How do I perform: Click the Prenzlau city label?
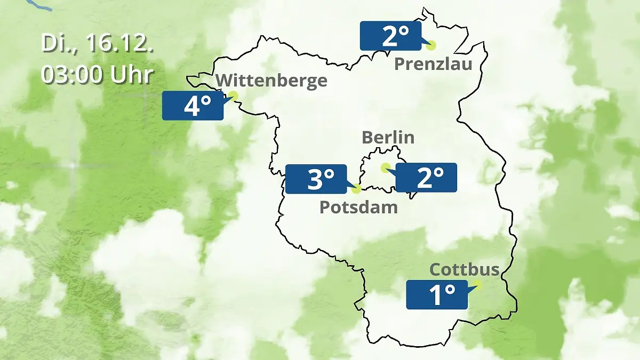pyautogui.click(x=433, y=65)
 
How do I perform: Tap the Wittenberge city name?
pyautogui.click(x=272, y=81)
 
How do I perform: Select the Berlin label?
pyautogui.click(x=388, y=137)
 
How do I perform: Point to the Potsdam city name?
pyautogui.click(x=358, y=207)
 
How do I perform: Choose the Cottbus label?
pyautogui.click(x=464, y=269)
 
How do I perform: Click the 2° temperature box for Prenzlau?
pyautogui.click(x=390, y=36)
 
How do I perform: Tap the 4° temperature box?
pyautogui.click(x=193, y=106)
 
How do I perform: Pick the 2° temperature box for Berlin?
pyautogui.click(x=426, y=178)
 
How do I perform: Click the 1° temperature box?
pyautogui.click(x=437, y=294)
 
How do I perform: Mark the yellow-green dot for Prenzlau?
pyautogui.click(x=431, y=45)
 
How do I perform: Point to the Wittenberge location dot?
pyautogui.click(x=233, y=95)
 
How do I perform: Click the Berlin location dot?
pyautogui.click(x=385, y=167)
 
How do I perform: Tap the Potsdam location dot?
pyautogui.click(x=357, y=188)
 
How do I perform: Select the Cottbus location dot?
pyautogui.click(x=477, y=285)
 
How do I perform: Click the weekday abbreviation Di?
pyautogui.click(x=55, y=44)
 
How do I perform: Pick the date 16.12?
pyautogui.click(x=114, y=44)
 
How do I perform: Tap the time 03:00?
pyautogui.click(x=74, y=75)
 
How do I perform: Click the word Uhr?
pyautogui.click(x=132, y=75)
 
